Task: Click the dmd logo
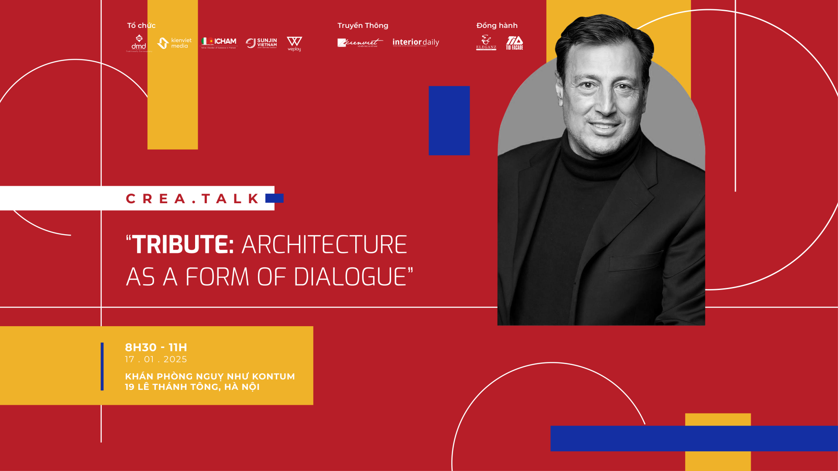[139, 43]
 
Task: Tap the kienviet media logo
[175, 43]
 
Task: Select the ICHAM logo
[219, 42]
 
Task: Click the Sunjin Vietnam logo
[261, 43]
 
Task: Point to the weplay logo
[294, 44]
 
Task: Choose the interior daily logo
[416, 42]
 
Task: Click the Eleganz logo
[486, 43]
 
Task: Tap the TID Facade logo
[515, 43]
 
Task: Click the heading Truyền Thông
[363, 25]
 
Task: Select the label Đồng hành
[497, 25]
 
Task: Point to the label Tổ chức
[141, 25]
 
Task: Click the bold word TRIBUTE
[183, 244]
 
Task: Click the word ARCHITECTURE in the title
[324, 244]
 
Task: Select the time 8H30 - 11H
[156, 348]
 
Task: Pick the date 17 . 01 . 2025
[156, 359]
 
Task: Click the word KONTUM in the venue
[273, 376]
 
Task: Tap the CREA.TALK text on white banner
[192, 199]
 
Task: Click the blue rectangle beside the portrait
[449, 120]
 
